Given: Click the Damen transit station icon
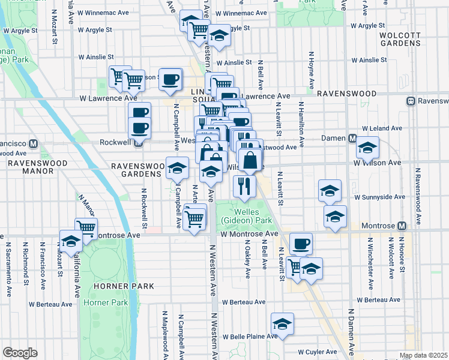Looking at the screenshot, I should point(354,139).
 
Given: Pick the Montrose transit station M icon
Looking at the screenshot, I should point(402,226).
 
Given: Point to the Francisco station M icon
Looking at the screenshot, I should point(34,144).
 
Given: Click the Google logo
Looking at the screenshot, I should point(20,353).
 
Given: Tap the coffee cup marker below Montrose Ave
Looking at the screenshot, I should point(301,244).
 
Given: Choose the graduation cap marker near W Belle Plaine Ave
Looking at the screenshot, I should point(282,324).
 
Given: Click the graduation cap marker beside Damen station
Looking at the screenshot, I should point(367,149).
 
